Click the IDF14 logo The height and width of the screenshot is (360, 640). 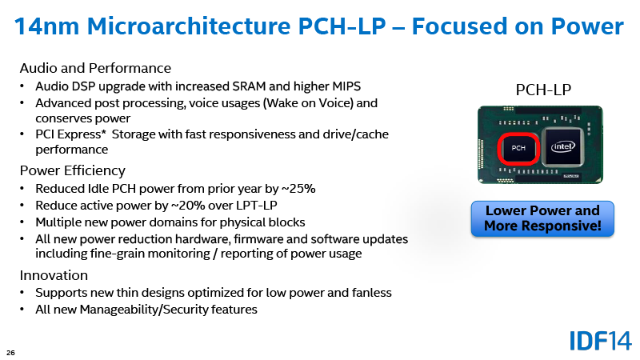coord(601,341)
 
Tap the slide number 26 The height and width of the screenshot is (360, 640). coord(10,353)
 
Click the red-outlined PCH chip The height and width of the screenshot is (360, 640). coord(518,149)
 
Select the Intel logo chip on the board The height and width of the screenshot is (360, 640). coord(563,147)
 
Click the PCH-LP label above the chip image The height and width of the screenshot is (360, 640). coord(543,90)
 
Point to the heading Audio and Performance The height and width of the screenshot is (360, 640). coord(95,68)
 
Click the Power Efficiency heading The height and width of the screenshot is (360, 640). coord(72,170)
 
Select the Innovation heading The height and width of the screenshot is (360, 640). coord(54,275)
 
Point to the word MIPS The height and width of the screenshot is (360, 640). coord(347,86)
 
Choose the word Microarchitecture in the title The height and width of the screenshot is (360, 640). coord(189,26)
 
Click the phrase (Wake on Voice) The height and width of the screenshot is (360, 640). coord(308,103)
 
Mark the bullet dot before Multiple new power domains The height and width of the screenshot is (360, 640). coord(22,222)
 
